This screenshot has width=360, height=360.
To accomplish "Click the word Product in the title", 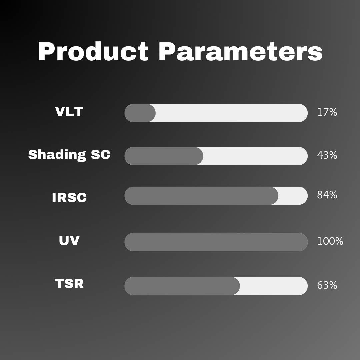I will [x=93, y=52].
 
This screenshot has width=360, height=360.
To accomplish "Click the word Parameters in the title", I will [x=240, y=52].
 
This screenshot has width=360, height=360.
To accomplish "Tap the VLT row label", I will [x=69, y=112].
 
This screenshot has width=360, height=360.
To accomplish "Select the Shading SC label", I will [x=69, y=155].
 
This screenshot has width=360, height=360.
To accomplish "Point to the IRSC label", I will [x=69, y=197].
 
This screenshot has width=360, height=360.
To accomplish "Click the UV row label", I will [x=69, y=240].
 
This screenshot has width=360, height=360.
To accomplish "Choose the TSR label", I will [x=69, y=284].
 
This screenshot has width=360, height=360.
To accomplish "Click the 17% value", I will [x=327, y=112].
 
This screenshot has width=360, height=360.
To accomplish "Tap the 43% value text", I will [x=327, y=155].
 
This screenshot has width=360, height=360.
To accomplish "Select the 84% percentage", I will [x=327, y=195].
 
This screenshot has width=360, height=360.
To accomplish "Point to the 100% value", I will [x=330, y=241].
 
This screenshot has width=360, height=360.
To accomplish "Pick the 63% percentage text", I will [x=327, y=285].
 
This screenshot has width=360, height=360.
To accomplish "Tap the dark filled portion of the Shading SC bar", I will [x=164, y=156].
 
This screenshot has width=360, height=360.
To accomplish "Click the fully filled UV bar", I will [x=216, y=242].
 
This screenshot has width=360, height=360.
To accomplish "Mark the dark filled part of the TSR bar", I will [x=182, y=286].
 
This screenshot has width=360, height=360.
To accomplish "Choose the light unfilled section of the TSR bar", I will [x=273, y=286].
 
